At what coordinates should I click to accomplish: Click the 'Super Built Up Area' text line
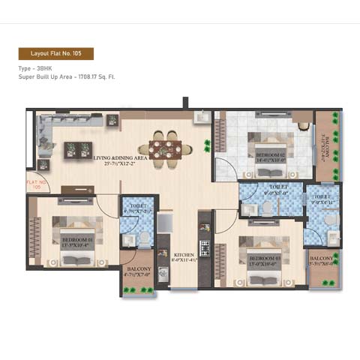click(x=67, y=76)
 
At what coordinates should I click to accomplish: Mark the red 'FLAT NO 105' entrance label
click(x=34, y=184)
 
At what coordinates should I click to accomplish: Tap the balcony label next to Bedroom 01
click(x=139, y=271)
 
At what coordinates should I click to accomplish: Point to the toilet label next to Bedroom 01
click(x=139, y=207)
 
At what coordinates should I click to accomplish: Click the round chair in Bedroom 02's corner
click(x=303, y=125)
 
